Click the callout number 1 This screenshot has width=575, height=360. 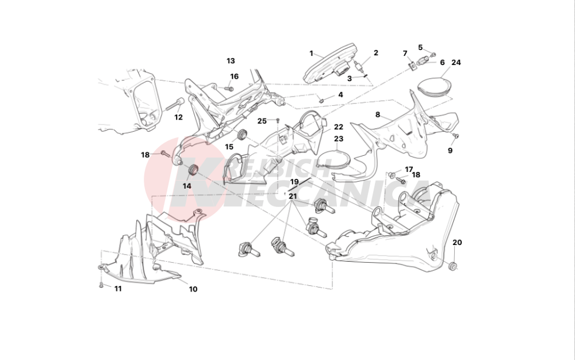[x=312, y=53]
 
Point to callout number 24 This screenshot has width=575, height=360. [x=456, y=62]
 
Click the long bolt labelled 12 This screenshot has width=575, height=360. [x=174, y=106]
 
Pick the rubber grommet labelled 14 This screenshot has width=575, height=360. [x=193, y=170]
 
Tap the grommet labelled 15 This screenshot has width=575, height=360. [x=243, y=136]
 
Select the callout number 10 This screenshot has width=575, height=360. [x=193, y=289]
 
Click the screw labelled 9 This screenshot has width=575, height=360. [x=456, y=136]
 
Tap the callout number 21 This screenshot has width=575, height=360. [x=293, y=196]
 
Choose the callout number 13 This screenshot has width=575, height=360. [x=231, y=60]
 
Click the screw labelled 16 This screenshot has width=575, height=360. [x=229, y=88]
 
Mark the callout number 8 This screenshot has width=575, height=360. [x=378, y=114]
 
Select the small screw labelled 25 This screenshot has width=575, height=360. [x=278, y=120]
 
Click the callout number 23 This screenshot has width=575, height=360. [x=339, y=139]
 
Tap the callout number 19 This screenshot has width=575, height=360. [x=294, y=182]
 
